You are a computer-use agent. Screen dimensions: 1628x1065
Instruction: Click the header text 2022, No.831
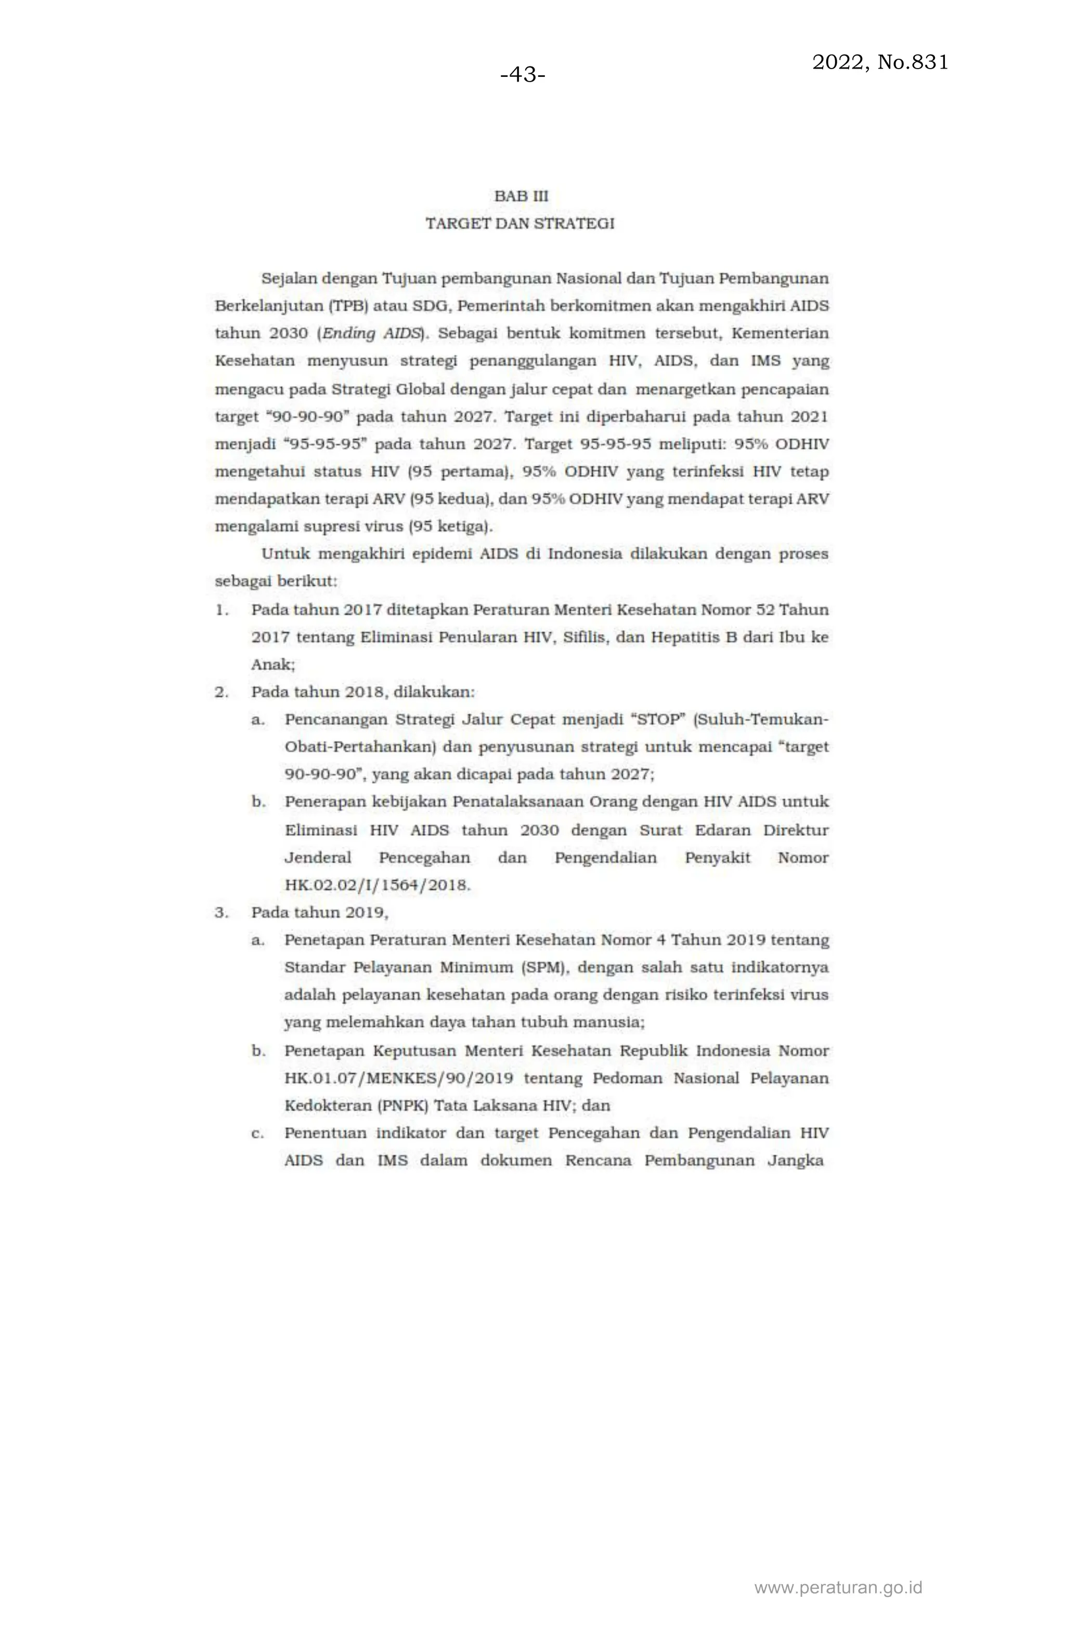point(879,62)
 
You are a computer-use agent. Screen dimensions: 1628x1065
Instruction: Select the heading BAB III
point(521,196)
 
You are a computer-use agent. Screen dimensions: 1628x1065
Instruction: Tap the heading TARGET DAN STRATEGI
point(519,224)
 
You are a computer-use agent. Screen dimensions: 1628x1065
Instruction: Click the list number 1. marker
point(222,610)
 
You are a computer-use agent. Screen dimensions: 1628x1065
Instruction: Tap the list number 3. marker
point(222,912)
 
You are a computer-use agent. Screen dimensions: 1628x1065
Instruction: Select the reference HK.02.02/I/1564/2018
point(377,885)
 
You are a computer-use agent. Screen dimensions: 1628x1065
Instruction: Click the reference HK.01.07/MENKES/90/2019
point(398,1079)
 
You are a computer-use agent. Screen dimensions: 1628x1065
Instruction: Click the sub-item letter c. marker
point(257,1134)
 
